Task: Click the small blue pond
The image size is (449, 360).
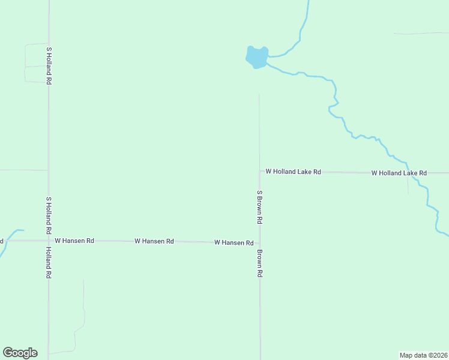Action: point(257,57)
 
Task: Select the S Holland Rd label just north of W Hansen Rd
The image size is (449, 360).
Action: point(48,215)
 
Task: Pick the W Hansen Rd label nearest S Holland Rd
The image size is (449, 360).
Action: point(74,241)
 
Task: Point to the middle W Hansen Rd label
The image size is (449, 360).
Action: point(154,241)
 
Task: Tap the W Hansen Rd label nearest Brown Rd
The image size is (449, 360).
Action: point(234,242)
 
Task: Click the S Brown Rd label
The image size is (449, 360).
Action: point(260,207)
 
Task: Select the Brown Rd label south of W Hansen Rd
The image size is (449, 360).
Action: point(260,263)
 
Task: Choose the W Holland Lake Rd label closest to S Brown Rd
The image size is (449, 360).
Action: point(293,172)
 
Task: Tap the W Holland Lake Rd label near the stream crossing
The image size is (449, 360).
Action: point(399,173)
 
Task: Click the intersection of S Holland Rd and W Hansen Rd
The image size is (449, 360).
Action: point(49,241)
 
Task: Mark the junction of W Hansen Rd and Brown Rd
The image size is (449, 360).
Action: point(260,242)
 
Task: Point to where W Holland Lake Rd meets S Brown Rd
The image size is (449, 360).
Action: point(260,172)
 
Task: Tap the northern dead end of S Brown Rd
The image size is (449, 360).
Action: point(259,95)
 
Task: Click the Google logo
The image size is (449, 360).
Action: point(20,353)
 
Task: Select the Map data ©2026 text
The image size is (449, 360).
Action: point(423,355)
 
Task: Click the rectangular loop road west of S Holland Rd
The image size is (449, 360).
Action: point(25,63)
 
